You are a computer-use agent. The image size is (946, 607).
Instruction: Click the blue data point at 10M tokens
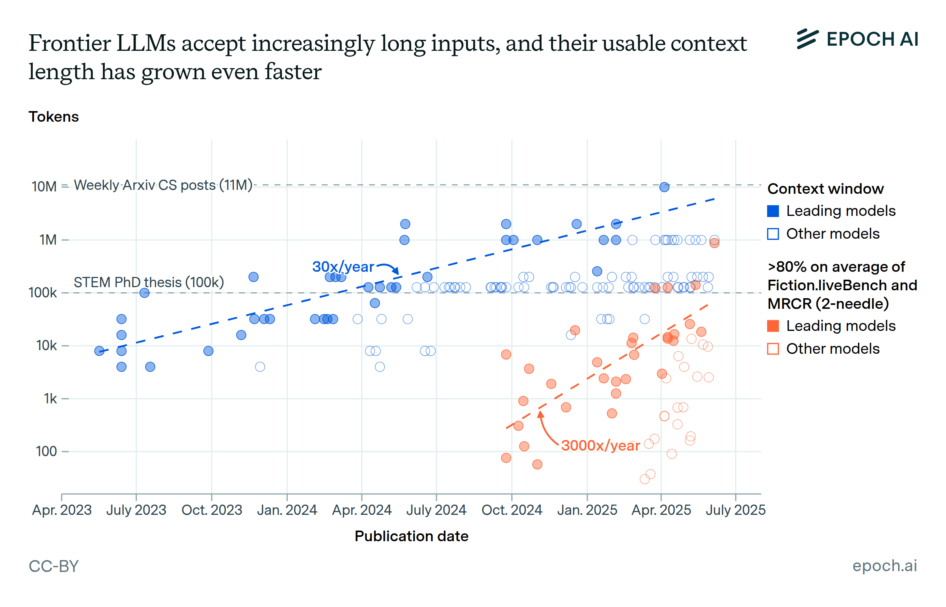tap(664, 187)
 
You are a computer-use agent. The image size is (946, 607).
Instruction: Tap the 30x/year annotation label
tap(343, 267)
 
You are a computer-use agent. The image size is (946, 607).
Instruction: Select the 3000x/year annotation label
tap(600, 446)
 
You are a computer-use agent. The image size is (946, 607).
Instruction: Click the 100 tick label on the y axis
tap(46, 451)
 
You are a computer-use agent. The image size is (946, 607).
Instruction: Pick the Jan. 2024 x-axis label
tap(287, 510)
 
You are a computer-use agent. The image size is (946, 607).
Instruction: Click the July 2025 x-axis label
tap(736, 510)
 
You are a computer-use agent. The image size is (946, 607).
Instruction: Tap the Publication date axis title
tap(411, 536)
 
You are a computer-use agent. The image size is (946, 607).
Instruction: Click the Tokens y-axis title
tap(54, 117)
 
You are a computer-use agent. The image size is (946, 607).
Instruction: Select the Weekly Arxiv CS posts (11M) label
tap(163, 185)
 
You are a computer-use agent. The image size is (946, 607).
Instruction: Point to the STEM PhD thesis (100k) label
tap(149, 282)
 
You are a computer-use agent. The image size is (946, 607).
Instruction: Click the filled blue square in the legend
tap(773, 211)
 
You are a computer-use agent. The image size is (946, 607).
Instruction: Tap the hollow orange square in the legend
tap(773, 349)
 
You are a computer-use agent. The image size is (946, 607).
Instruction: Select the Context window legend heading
tap(825, 189)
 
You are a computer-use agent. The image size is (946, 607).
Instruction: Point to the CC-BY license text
tap(54, 566)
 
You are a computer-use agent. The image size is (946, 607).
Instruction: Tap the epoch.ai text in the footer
tap(885, 566)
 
